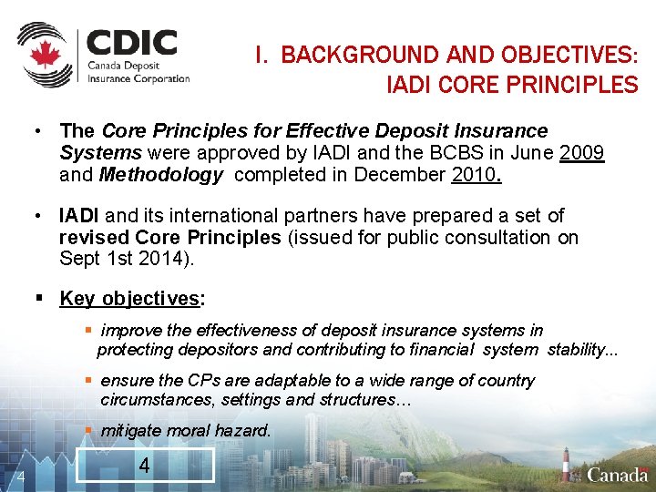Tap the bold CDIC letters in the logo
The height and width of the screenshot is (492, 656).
pos(132,43)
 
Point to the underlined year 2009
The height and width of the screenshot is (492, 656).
pos(583,153)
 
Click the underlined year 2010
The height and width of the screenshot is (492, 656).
pos(475,175)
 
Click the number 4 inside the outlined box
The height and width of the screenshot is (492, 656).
pos(144,466)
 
